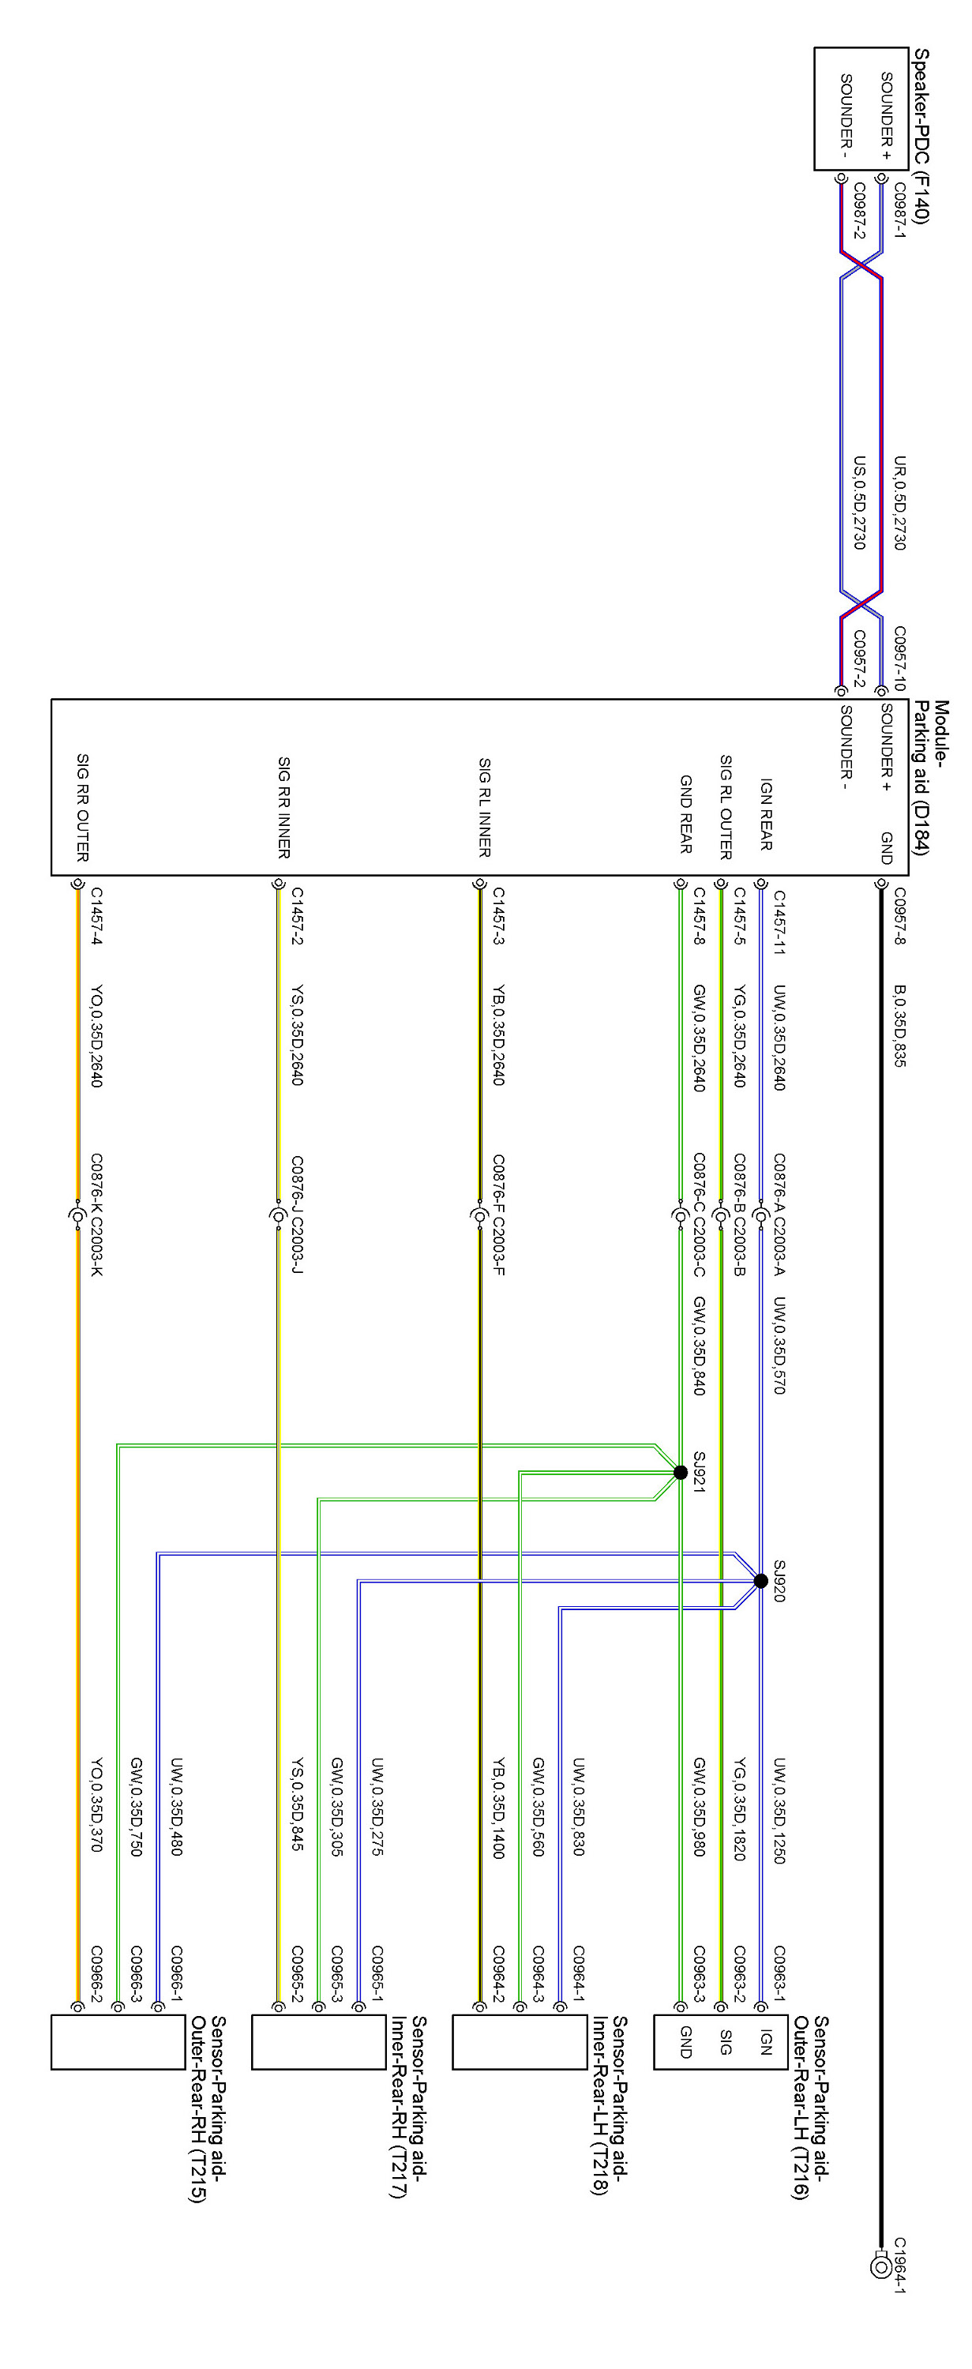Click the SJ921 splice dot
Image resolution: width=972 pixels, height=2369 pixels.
[x=681, y=1473]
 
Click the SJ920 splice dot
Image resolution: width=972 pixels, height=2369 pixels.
[x=760, y=1581]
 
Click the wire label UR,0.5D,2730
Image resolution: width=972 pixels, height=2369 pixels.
[x=899, y=503]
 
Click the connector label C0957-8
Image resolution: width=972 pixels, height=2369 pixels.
[x=899, y=916]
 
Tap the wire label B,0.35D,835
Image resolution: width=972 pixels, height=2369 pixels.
[x=899, y=1027]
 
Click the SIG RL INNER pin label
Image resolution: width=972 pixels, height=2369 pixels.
[x=485, y=808]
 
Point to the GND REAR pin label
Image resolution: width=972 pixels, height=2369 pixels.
[x=685, y=814]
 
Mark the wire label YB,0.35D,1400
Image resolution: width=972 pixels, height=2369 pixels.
[x=498, y=1809]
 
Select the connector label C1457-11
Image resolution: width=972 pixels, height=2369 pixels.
[x=779, y=922]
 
